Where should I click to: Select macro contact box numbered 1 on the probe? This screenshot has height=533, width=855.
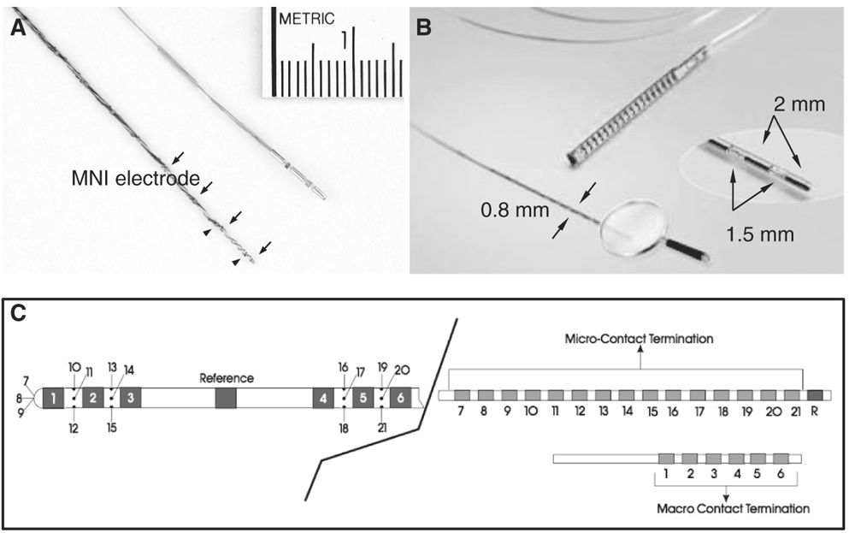coord(53,397)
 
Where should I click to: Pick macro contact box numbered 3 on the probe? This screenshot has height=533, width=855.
coord(131,397)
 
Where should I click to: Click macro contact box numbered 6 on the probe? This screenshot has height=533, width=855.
coord(400,397)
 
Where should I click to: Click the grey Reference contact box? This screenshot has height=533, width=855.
coord(226,397)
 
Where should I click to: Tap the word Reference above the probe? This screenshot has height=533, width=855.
coord(227,376)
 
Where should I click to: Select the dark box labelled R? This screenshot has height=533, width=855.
coord(815,395)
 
